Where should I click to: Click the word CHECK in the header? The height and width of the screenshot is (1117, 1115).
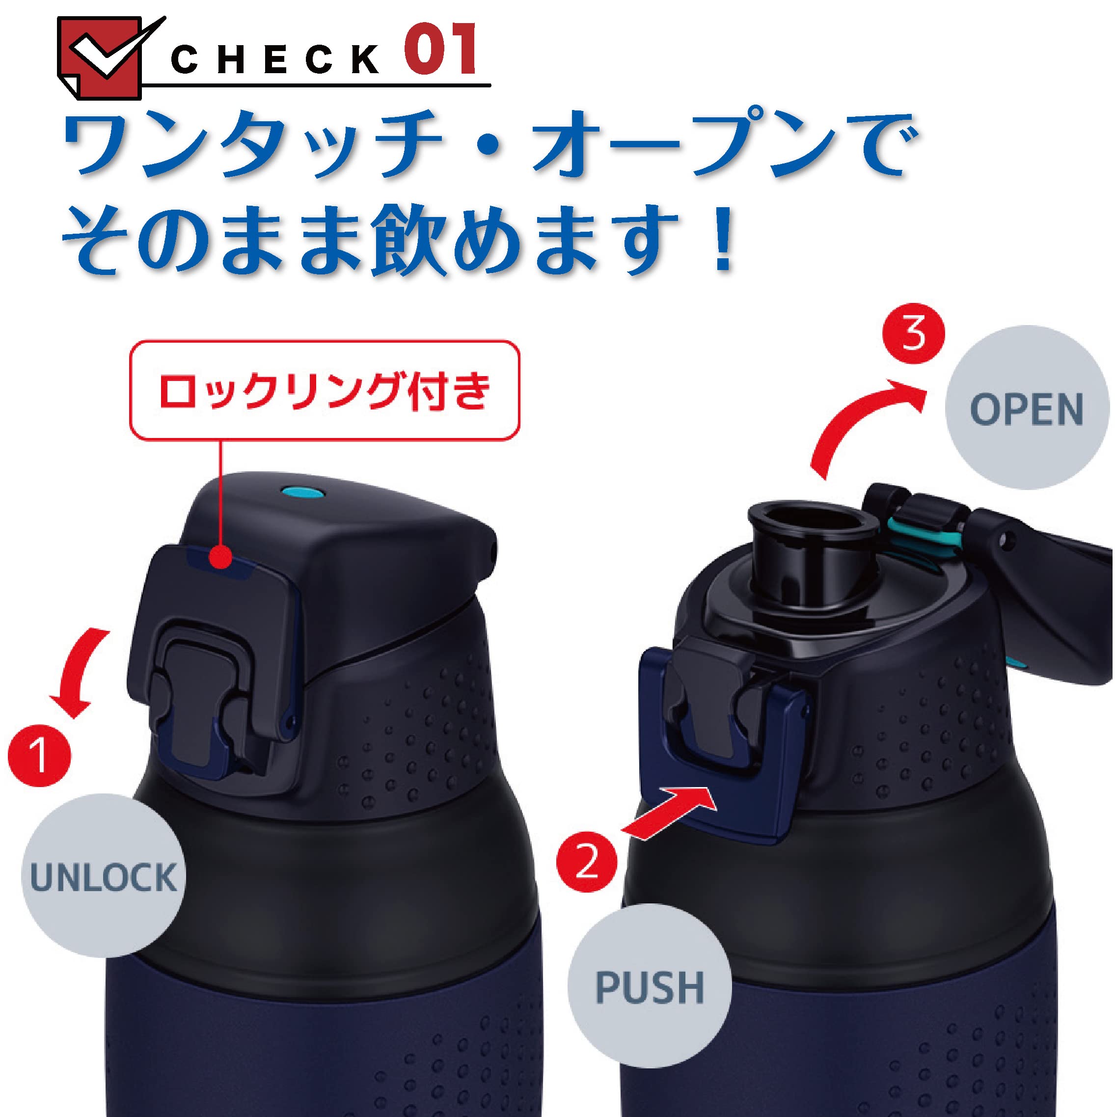[275, 59]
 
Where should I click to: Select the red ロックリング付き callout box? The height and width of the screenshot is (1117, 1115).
[324, 391]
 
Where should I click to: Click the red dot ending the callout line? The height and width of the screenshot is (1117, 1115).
[220, 558]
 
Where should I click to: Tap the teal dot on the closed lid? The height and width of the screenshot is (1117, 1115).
[302, 492]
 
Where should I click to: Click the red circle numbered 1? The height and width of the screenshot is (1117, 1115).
[39, 755]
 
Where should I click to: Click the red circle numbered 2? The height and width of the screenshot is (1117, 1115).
[587, 861]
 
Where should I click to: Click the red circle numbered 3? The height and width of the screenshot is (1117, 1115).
[913, 333]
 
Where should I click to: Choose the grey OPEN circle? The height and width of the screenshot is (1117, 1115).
[1027, 408]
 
